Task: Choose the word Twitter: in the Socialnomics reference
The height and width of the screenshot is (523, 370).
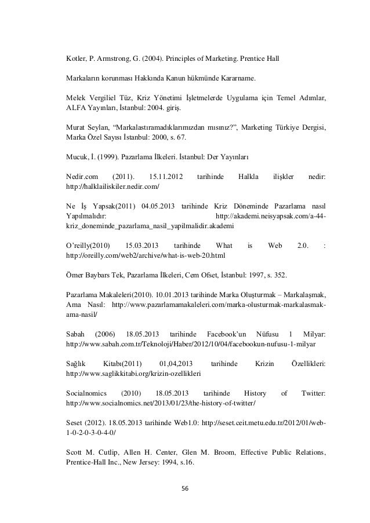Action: [314, 393]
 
